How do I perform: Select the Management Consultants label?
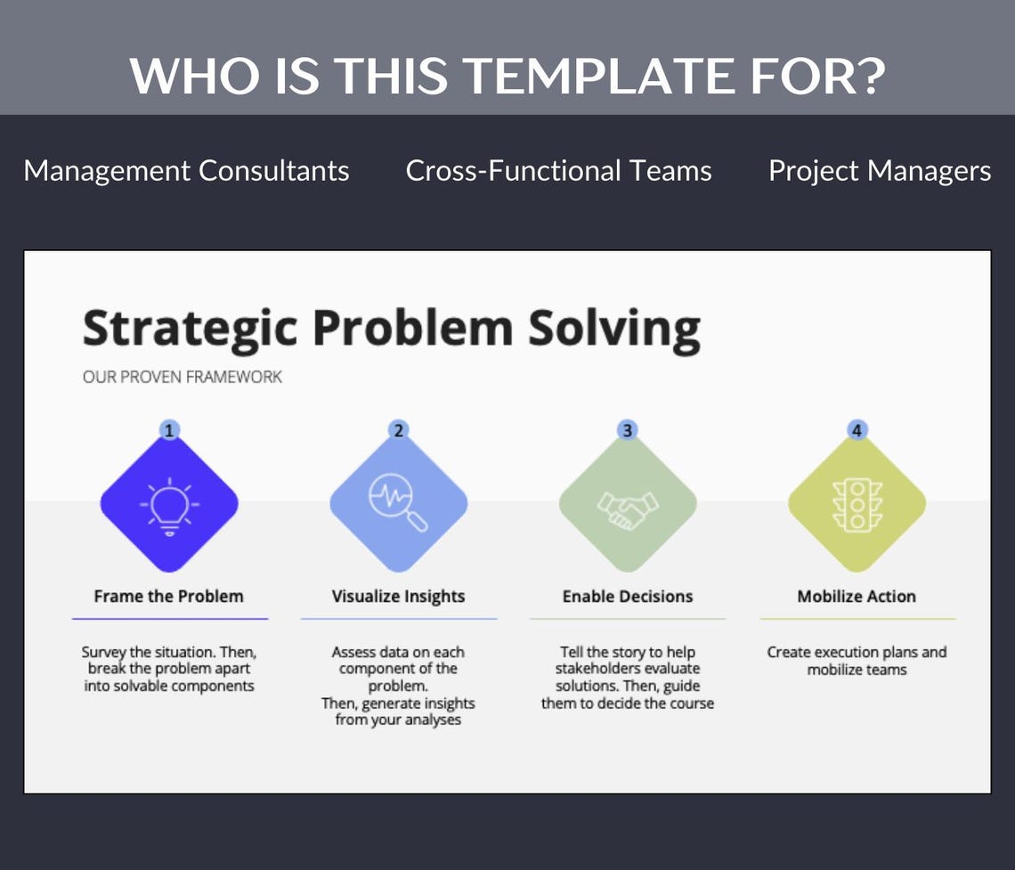coord(186,170)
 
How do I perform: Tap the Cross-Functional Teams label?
coord(558,170)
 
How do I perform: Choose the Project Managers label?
coord(879,170)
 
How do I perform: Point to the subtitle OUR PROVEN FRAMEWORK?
coord(182,377)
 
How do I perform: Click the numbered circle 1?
coord(169,430)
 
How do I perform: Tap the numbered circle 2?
coord(398,430)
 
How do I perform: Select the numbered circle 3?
coord(628,430)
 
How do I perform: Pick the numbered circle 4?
coord(857,430)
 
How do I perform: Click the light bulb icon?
coord(169,505)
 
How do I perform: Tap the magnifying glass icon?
coord(398,505)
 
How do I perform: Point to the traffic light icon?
coord(857,505)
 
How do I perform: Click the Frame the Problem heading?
coord(168,597)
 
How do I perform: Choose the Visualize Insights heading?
coord(398,597)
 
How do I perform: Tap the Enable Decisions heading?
coord(628,597)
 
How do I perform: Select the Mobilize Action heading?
coord(857,597)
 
